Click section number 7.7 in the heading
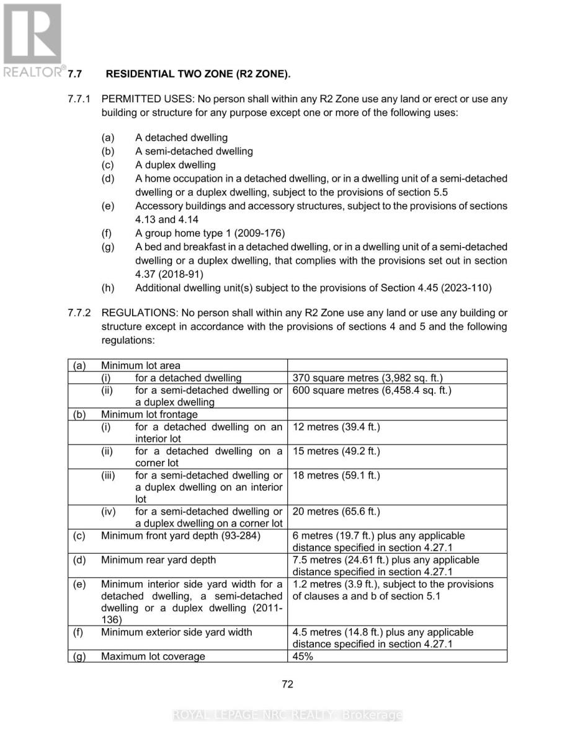tap(75, 74)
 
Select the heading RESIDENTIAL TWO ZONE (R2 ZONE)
tap(198, 74)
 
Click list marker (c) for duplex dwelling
tap(107, 165)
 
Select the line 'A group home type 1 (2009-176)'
tap(210, 233)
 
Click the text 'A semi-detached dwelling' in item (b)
tap(194, 151)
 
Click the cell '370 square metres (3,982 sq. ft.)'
tap(367, 378)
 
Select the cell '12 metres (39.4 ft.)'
tap(336, 427)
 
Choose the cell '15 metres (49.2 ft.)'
tap(336, 451)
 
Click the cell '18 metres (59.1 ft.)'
tap(336, 476)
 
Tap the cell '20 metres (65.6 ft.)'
tap(336, 511)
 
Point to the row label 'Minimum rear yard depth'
tap(159, 560)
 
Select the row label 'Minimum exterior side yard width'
tap(177, 632)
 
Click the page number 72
tap(287, 684)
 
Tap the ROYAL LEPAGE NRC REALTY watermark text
tap(287, 715)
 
